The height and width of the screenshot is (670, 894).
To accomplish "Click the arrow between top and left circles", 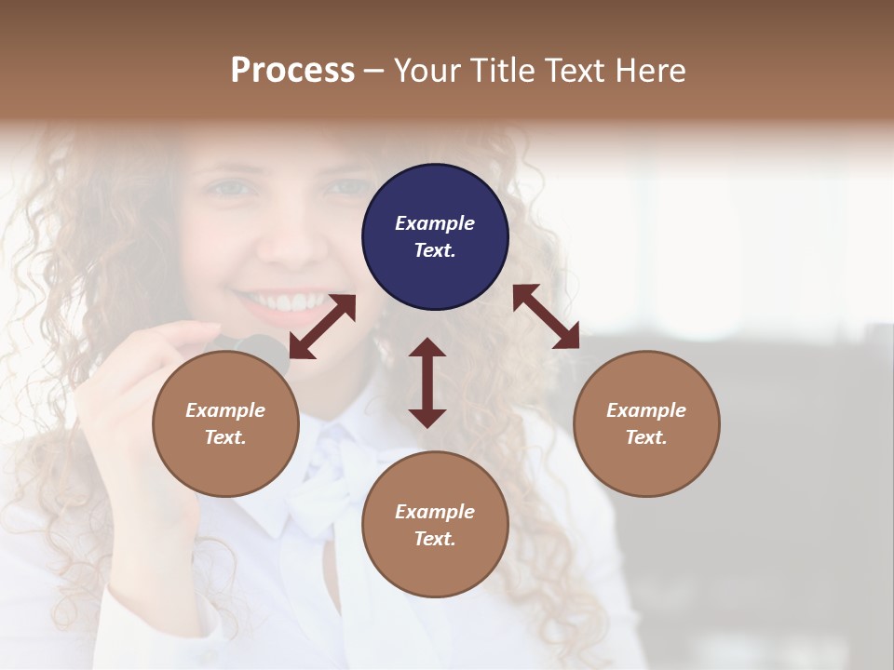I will click(322, 327).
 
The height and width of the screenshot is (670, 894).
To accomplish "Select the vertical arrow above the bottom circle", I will click(427, 382).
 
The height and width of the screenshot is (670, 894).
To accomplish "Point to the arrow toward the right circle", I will click(546, 316).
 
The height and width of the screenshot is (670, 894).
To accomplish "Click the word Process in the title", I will click(292, 70).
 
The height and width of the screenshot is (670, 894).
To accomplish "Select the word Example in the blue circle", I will click(435, 223).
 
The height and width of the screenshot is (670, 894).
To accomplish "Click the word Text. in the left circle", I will click(225, 437).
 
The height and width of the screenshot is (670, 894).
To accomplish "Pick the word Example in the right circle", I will click(646, 410).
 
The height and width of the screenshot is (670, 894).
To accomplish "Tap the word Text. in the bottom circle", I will click(435, 539).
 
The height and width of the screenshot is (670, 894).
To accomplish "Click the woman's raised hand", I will click(140, 391).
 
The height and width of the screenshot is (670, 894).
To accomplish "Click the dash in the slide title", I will click(373, 70).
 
